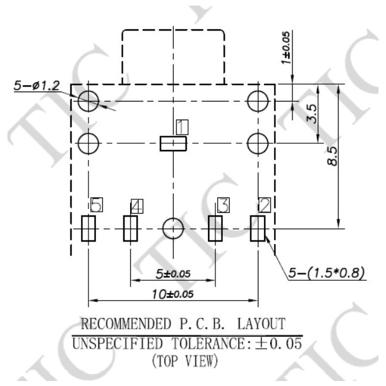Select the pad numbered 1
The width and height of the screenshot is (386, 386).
point(173,144)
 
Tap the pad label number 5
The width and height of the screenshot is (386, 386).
point(96,204)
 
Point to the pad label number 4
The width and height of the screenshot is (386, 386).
point(137,205)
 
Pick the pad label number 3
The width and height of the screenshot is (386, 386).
point(222,205)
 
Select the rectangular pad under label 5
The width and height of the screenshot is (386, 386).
point(88,228)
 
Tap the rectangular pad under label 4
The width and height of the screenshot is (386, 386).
point(130,228)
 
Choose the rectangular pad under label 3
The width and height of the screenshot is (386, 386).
point(215,228)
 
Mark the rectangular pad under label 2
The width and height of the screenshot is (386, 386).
point(258,228)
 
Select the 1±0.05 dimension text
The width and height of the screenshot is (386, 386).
point(287,50)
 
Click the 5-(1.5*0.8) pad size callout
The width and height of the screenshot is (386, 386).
point(327,273)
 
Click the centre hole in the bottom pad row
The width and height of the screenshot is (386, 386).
point(173,228)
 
